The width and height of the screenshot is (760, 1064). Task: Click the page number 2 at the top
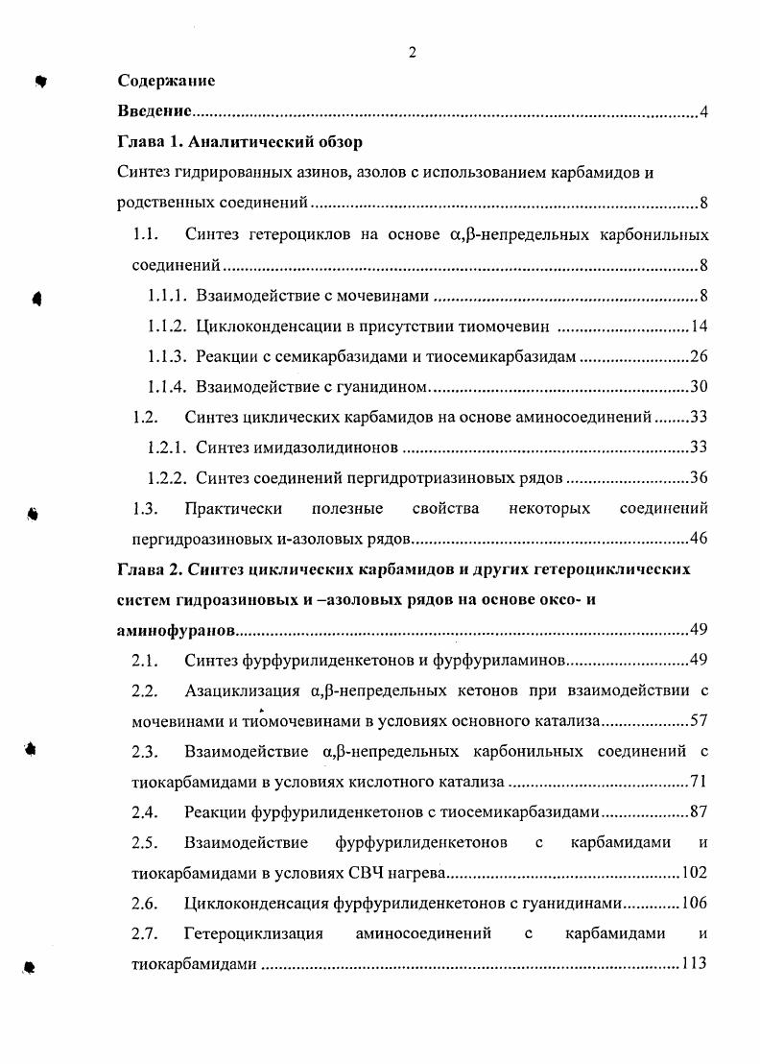pos(412,53)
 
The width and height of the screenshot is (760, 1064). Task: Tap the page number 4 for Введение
pos(703,113)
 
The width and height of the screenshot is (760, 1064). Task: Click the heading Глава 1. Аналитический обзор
pos(240,144)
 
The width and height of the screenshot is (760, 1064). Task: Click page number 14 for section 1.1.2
pos(700,326)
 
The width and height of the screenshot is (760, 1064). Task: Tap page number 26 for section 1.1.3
pos(700,356)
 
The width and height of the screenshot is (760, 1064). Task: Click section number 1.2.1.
pos(168,447)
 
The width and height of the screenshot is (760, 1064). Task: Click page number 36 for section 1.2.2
pos(700,478)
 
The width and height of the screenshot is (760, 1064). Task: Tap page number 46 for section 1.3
pos(700,539)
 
